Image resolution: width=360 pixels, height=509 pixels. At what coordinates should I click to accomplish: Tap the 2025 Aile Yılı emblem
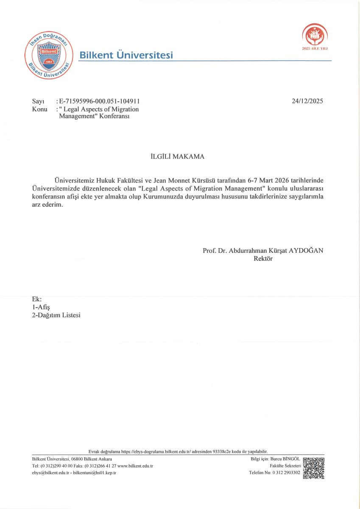pos(315,35)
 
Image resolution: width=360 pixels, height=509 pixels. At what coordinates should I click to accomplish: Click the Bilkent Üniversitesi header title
pos(126,55)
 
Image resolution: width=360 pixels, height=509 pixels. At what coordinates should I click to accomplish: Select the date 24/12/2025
pos(307,101)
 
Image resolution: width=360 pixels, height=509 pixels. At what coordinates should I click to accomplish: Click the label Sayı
pos(38,101)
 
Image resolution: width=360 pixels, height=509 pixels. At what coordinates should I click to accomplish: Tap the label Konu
pos(39,109)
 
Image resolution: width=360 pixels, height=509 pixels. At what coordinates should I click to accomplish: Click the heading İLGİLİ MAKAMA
pos(178,157)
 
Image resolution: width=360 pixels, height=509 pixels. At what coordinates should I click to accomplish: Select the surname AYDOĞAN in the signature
pos(306,250)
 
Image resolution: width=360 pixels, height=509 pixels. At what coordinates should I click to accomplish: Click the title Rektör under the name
pos(263,258)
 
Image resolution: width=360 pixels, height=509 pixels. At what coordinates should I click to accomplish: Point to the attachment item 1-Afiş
pos(41,307)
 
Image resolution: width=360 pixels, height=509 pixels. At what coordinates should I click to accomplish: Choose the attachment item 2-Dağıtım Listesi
pos(56,315)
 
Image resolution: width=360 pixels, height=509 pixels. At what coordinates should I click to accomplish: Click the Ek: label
pos(37,299)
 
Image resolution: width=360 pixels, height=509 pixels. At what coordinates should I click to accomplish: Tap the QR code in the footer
pos(314,468)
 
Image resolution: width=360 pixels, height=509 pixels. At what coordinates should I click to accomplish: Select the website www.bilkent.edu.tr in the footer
pos(135,466)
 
